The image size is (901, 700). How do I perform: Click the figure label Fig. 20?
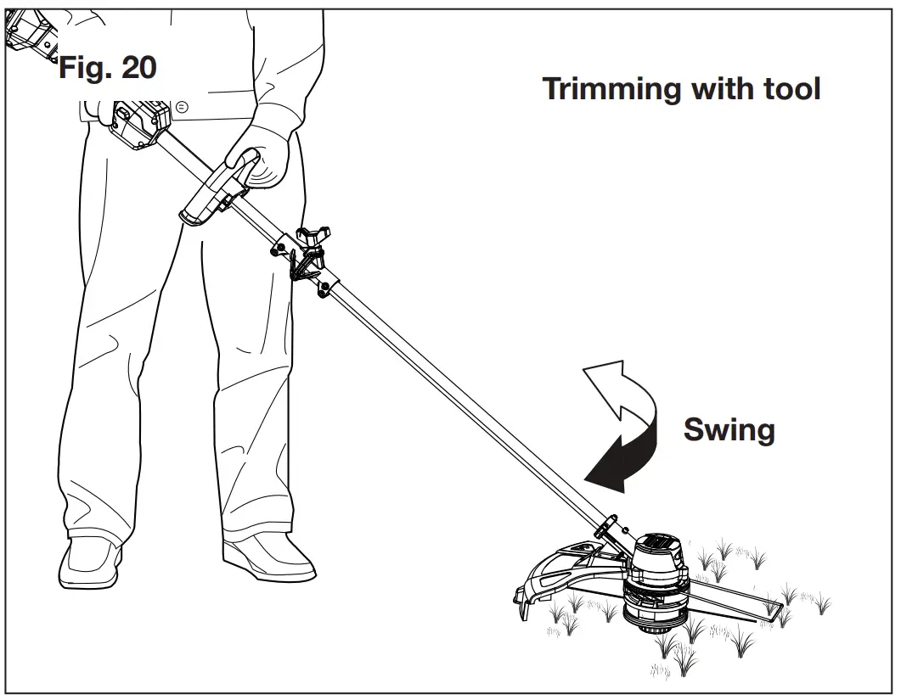(x=107, y=68)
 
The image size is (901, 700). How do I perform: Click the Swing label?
(x=729, y=430)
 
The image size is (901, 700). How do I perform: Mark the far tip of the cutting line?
(x=776, y=608)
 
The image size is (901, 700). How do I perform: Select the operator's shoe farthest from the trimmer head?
(x=90, y=560)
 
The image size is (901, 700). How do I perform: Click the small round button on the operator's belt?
(x=181, y=106)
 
